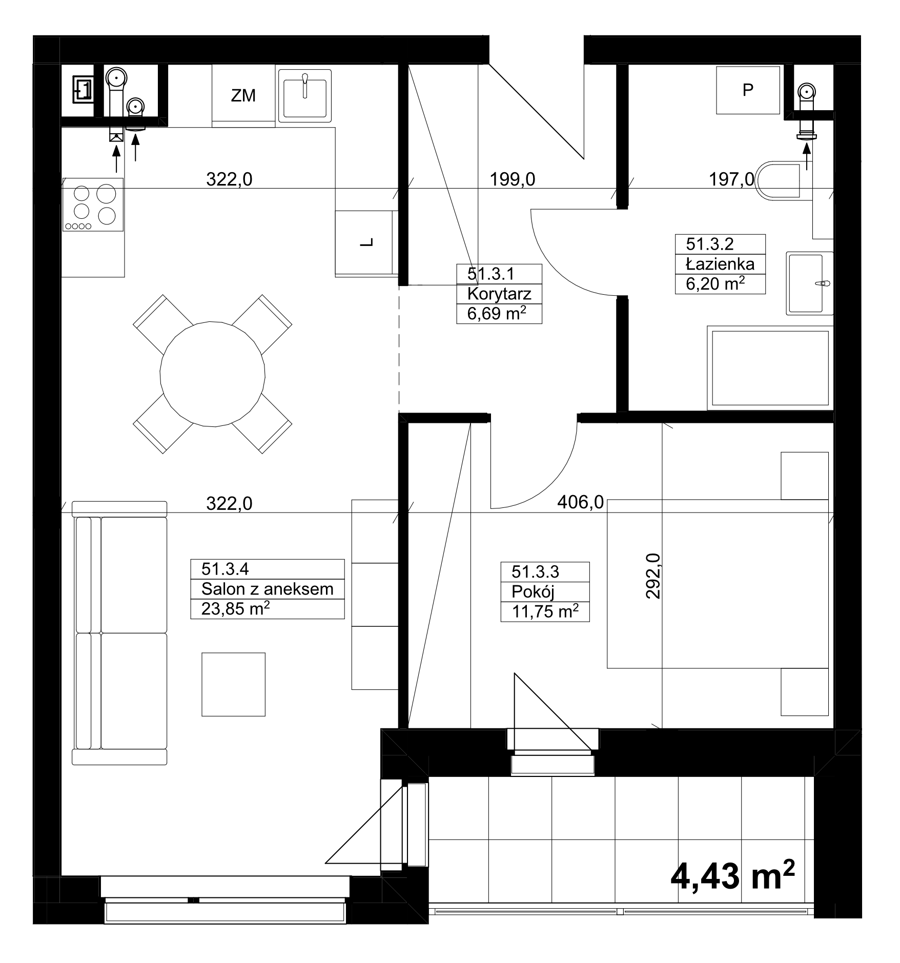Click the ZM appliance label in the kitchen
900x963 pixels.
coord(243,95)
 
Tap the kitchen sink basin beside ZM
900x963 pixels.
coord(304,96)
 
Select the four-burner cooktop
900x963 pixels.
coord(93,204)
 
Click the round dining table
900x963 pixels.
coord(213,374)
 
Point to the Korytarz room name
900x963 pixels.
coord(499,294)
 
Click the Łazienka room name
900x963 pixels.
coord(720,264)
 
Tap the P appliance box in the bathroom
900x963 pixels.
coord(748,90)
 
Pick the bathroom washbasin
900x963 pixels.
coord(810,283)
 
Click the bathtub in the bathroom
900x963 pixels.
coord(770,367)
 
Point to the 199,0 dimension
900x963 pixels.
coord(512,179)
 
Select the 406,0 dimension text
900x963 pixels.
coord(580,502)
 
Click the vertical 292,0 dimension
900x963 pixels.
coord(653,576)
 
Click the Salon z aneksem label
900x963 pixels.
coord(267,589)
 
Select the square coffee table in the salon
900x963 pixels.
coord(233,684)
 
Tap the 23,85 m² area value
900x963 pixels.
coord(236,609)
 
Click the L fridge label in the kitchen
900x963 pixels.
coord(366,243)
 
